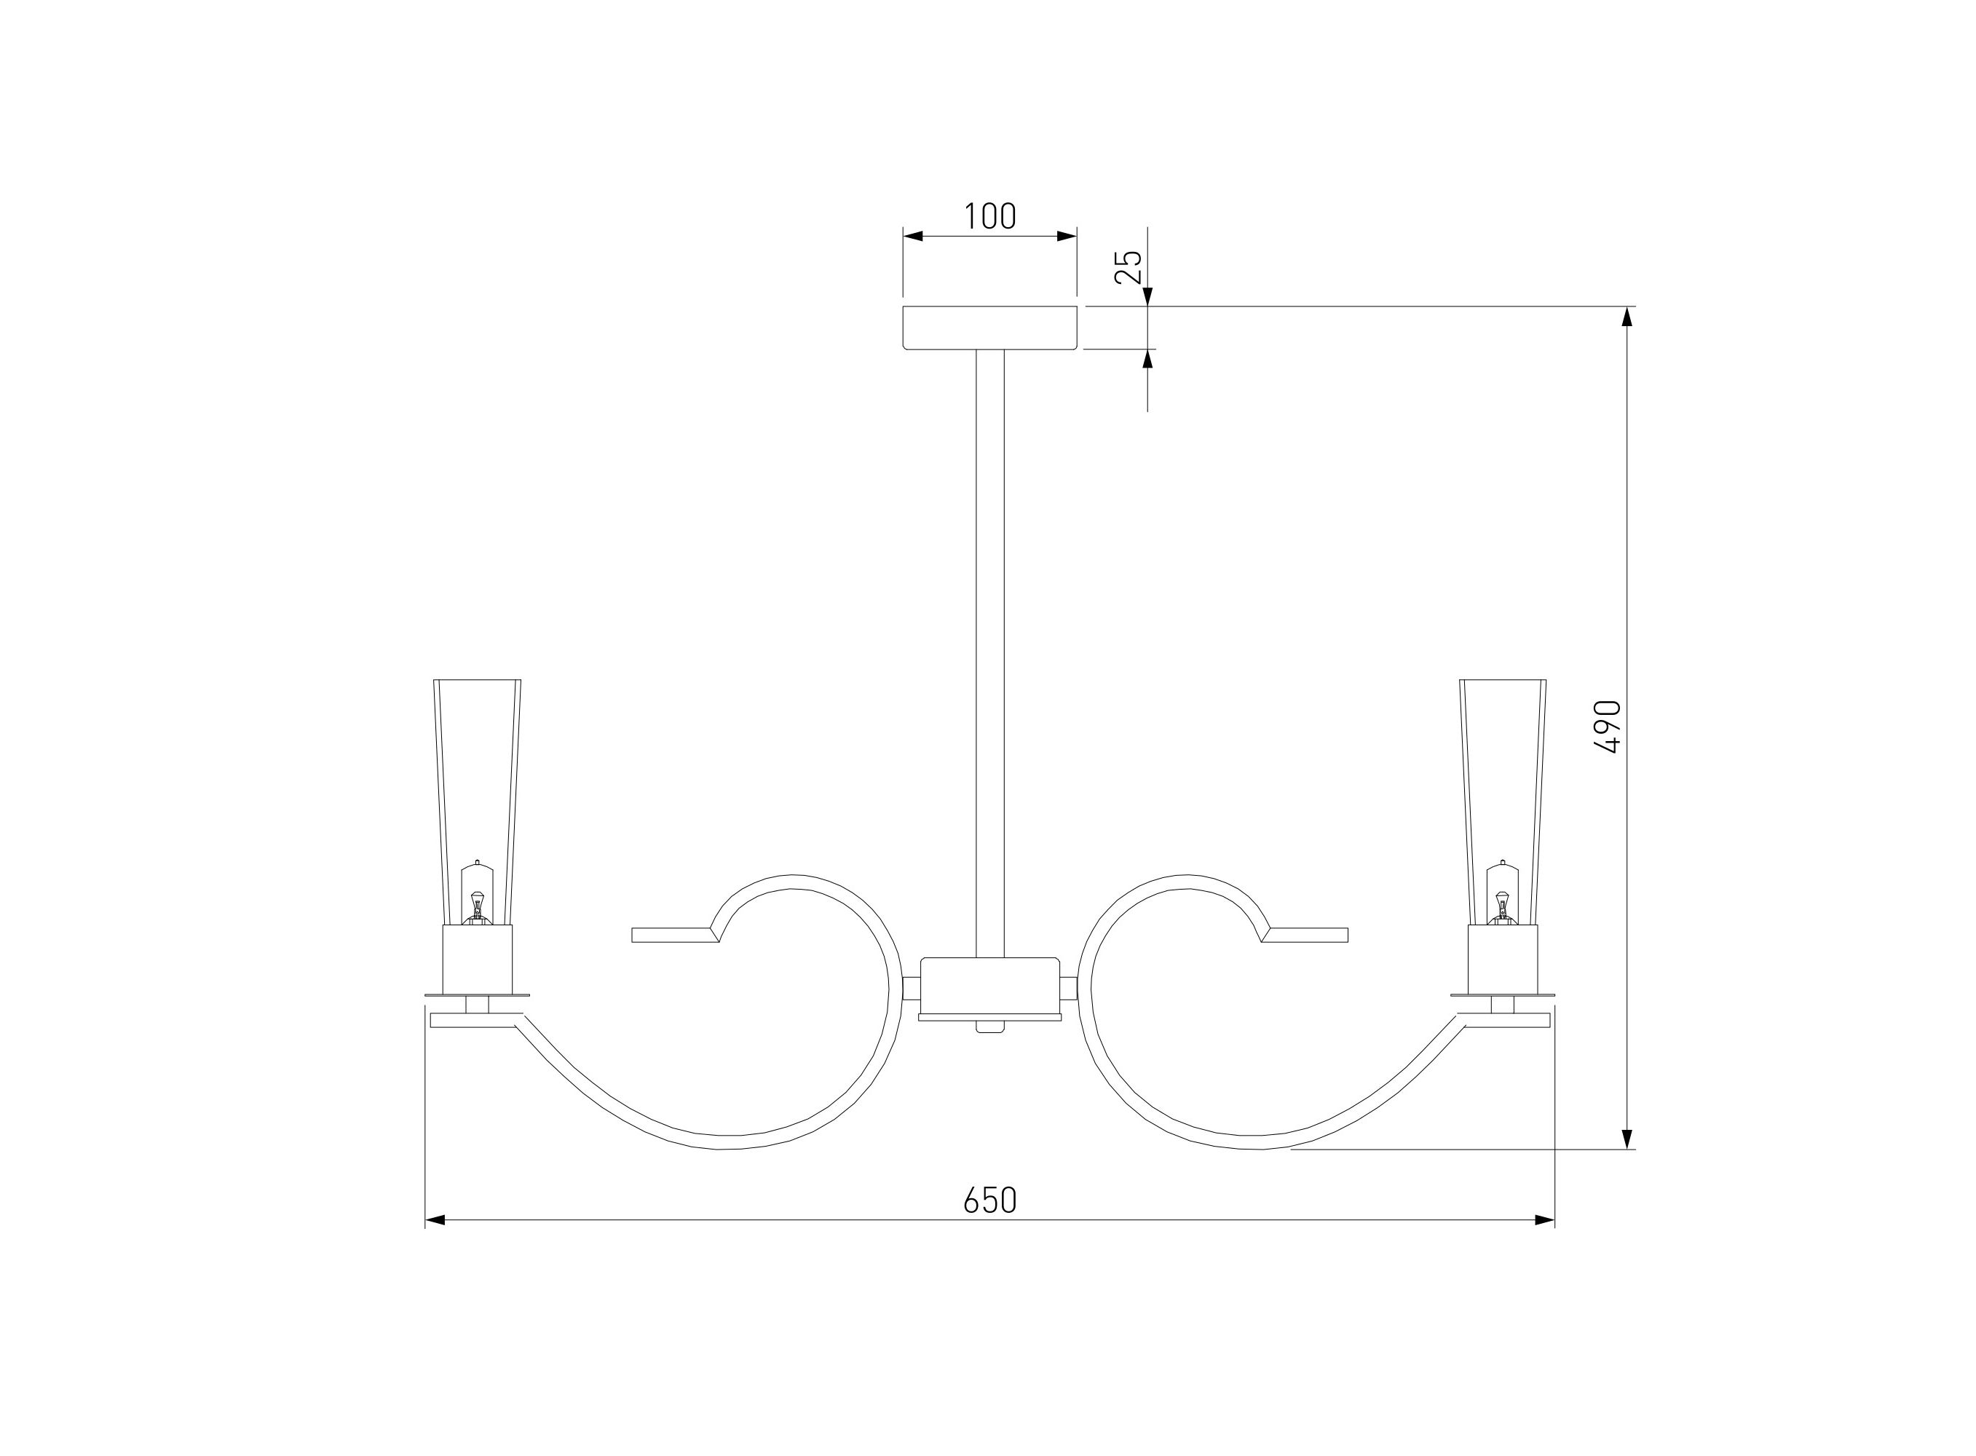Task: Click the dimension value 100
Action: click(x=989, y=216)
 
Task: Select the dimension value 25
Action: click(x=1129, y=267)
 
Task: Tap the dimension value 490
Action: click(x=1608, y=727)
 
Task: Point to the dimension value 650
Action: click(x=989, y=1200)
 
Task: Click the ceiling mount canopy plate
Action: click(x=989, y=328)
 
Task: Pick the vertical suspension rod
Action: click(x=989, y=653)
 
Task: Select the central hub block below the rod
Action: click(x=989, y=987)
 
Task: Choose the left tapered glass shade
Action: click(x=477, y=802)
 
